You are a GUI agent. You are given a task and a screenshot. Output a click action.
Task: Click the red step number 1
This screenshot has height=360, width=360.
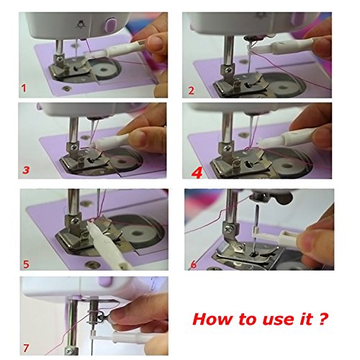coord(24,88)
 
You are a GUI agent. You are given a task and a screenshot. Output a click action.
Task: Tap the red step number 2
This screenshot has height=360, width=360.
coord(191,91)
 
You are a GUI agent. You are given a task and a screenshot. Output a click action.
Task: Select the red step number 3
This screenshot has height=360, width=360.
coord(26,170)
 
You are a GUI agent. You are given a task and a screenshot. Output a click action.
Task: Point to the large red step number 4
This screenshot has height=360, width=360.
coord(197,173)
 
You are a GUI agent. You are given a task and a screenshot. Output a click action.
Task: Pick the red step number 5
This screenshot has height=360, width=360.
coord(26,264)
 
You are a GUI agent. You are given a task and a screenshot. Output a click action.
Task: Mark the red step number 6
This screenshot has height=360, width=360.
coord(193,264)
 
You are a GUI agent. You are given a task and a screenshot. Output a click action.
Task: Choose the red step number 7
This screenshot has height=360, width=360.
coord(26,348)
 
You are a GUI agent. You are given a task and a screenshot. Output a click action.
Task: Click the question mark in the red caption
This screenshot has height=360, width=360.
coord(324,319)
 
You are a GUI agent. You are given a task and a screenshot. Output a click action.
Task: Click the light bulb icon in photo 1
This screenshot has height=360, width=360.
coord(80,24)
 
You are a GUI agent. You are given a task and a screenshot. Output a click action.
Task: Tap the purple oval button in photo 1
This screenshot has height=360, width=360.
coord(111,24)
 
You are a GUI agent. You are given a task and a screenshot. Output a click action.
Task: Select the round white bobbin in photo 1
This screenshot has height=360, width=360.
coord(104,70)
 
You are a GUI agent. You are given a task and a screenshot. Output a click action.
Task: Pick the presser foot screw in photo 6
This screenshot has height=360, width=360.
coord(228,229)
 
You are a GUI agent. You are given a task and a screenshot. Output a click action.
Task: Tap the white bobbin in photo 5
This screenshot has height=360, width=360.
coord(138,233)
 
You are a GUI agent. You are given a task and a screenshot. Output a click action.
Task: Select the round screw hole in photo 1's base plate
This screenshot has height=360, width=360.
coord(65,89)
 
